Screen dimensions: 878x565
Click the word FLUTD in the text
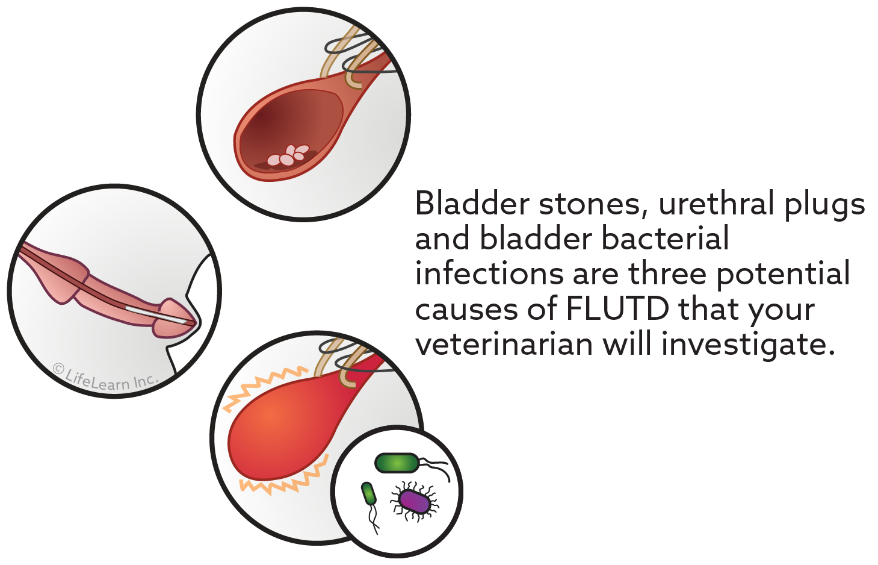618,309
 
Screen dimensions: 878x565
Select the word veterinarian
504,344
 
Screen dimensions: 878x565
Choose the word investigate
749,345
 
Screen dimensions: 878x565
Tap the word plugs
824,207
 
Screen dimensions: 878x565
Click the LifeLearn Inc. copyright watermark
106,377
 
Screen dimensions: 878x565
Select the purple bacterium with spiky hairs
415,501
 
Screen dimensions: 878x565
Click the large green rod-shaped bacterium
397,463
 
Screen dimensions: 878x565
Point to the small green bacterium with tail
369,493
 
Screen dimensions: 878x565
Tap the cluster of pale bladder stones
288,155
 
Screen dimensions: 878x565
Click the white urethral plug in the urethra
156,314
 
